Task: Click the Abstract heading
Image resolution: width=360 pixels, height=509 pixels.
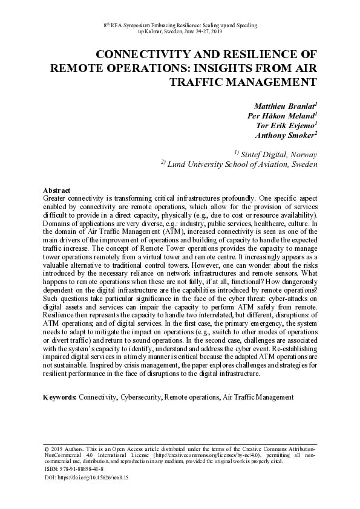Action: [57, 190]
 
